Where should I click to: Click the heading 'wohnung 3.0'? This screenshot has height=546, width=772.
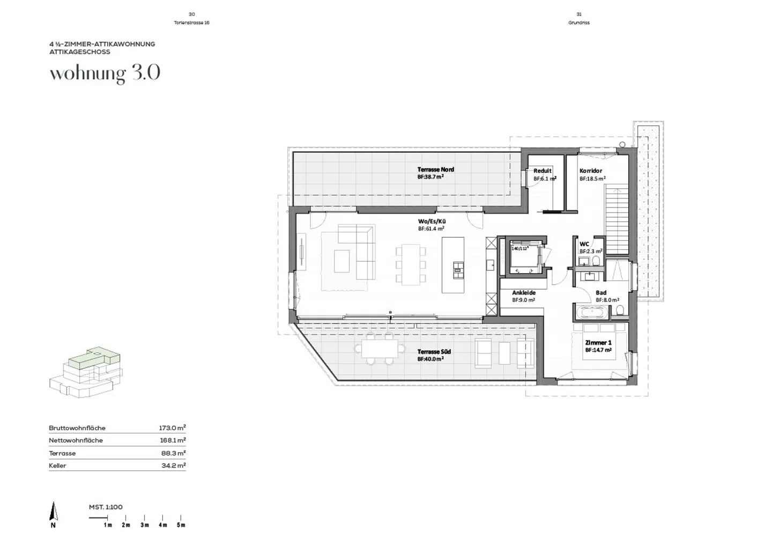(105, 73)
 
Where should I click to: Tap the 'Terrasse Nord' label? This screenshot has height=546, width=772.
(435, 169)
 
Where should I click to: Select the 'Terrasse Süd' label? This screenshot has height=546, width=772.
(434, 352)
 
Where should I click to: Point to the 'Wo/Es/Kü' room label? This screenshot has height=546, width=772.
(432, 221)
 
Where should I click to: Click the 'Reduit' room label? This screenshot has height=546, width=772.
(542, 171)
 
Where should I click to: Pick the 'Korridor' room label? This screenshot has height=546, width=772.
(590, 171)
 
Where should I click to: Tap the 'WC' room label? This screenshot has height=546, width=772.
(584, 244)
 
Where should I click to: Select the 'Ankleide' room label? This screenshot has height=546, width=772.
(523, 293)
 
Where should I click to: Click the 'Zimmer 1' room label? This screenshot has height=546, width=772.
(598, 343)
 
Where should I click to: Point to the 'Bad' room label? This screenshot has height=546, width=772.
(601, 293)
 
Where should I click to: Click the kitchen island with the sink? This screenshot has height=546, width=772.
(453, 265)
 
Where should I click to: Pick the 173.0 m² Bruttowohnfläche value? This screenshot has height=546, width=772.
(172, 428)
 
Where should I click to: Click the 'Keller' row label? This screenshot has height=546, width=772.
(57, 466)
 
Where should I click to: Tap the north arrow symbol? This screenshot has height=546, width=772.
(53, 512)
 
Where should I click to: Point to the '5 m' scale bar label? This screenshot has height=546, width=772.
(181, 525)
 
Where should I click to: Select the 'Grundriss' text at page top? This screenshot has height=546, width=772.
(578, 23)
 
